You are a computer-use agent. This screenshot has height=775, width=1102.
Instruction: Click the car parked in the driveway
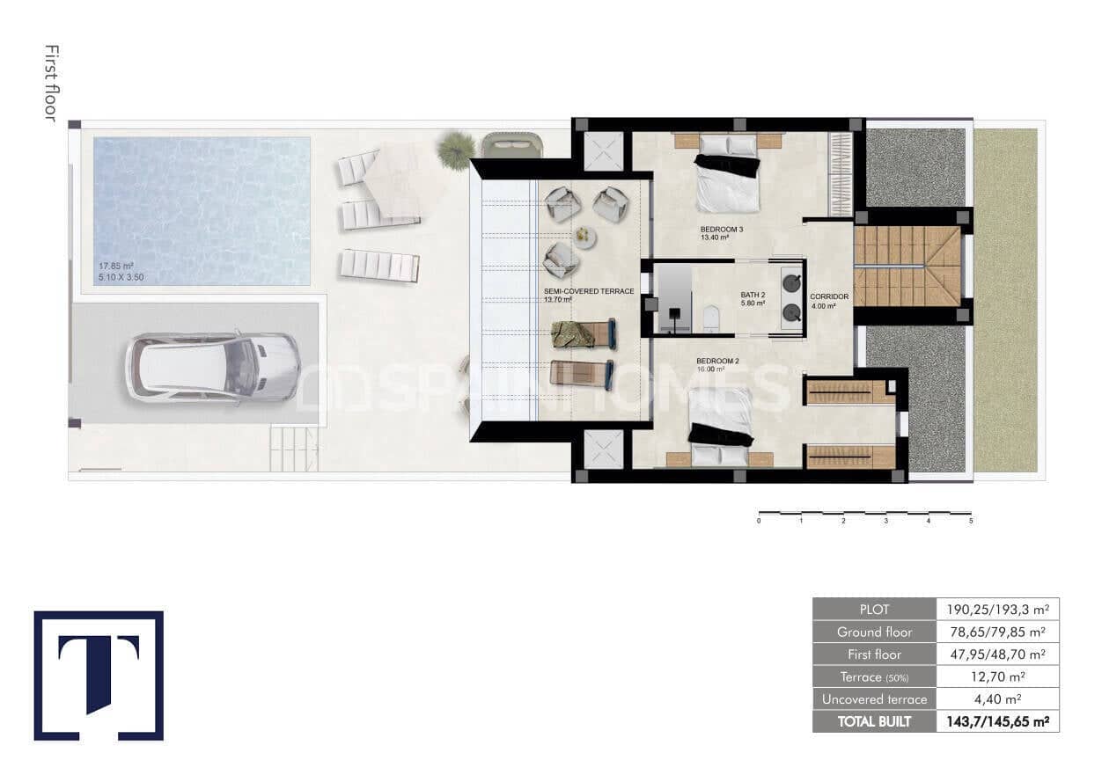point(212,366)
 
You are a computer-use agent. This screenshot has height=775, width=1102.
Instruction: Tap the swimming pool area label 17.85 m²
point(115,266)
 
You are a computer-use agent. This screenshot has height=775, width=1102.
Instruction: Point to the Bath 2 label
point(753,296)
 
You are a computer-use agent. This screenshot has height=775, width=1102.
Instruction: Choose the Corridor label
point(829,296)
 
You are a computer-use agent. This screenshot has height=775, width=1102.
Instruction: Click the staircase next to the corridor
point(907,266)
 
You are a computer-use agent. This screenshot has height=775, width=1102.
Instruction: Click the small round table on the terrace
point(585,236)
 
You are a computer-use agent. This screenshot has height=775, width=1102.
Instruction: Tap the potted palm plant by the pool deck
point(456,149)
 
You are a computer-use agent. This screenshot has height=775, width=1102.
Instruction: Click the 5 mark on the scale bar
point(971,521)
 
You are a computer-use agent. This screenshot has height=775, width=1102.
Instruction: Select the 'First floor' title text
point(50,84)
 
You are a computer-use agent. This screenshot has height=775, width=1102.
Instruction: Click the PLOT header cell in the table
point(873,609)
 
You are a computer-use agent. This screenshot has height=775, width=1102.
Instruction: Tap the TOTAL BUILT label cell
point(873,721)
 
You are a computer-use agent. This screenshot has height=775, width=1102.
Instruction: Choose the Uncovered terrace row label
point(873,699)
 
